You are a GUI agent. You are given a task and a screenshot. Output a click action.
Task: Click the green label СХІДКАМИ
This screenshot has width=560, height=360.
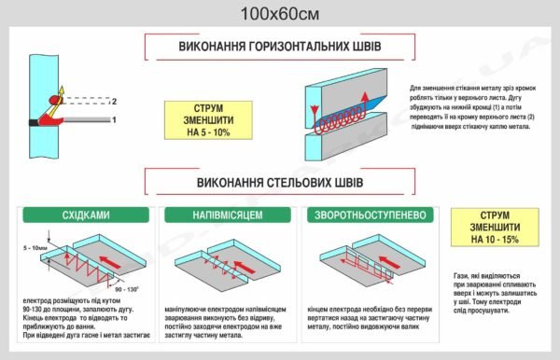[x=85, y=215]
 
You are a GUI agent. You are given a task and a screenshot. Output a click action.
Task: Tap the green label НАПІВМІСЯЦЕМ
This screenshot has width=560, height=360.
[x=227, y=215]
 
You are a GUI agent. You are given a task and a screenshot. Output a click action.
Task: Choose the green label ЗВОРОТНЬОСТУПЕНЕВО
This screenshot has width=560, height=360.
[x=371, y=215]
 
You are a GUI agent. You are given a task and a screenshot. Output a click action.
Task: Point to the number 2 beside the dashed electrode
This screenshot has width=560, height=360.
[x=114, y=100]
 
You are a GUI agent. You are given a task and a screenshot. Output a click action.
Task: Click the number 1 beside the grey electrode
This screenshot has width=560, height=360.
[x=114, y=119]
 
